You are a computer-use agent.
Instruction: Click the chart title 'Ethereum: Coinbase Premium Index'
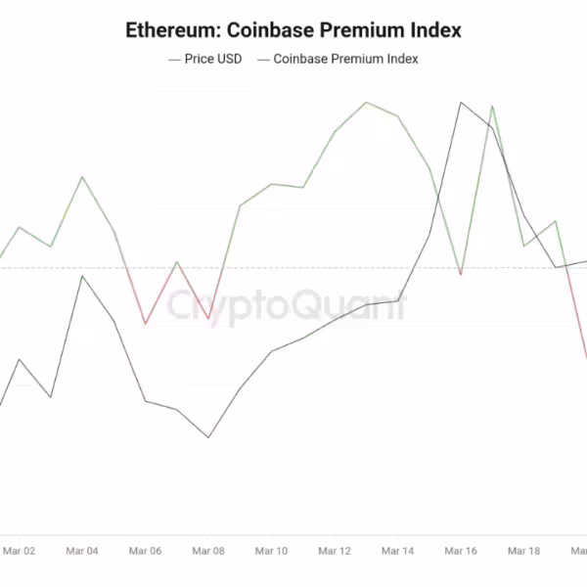click(293, 30)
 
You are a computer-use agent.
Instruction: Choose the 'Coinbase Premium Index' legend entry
click(345, 59)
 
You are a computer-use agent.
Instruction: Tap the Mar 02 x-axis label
click(19, 552)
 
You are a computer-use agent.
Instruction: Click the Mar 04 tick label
click(82, 552)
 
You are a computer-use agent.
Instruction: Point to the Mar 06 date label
click(145, 552)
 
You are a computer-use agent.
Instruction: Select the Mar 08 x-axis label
click(208, 552)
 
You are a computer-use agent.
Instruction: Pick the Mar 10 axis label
click(271, 552)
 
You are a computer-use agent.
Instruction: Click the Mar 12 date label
click(335, 552)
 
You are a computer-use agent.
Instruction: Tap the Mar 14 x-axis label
click(397, 552)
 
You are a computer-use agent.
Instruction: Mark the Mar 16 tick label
click(460, 552)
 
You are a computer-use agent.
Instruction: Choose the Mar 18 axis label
click(523, 552)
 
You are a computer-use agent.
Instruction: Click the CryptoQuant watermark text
click(285, 306)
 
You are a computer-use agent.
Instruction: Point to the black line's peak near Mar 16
click(460, 102)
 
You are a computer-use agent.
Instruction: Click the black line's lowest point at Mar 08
click(208, 437)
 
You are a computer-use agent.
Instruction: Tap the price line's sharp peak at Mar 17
click(492, 106)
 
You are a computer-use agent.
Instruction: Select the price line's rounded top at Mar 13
click(366, 102)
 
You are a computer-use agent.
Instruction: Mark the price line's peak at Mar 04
click(82, 177)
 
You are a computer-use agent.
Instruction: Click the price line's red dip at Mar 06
click(146, 324)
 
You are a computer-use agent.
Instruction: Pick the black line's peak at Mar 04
click(82, 276)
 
